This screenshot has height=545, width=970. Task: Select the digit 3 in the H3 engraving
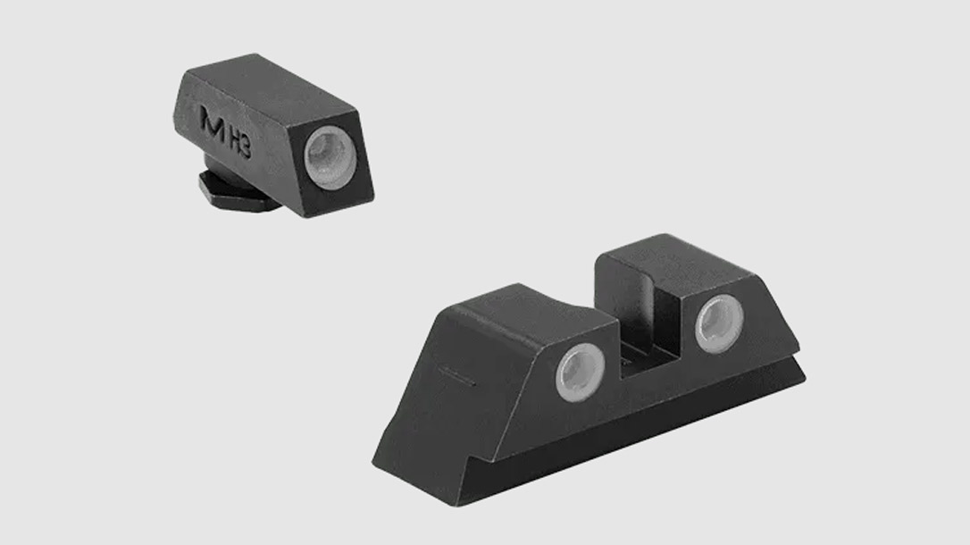pos(247,147)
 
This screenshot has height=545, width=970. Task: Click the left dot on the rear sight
pos(580,373)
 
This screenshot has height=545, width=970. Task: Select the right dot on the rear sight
pos(719,323)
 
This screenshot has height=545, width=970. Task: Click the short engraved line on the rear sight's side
pos(457,376)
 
